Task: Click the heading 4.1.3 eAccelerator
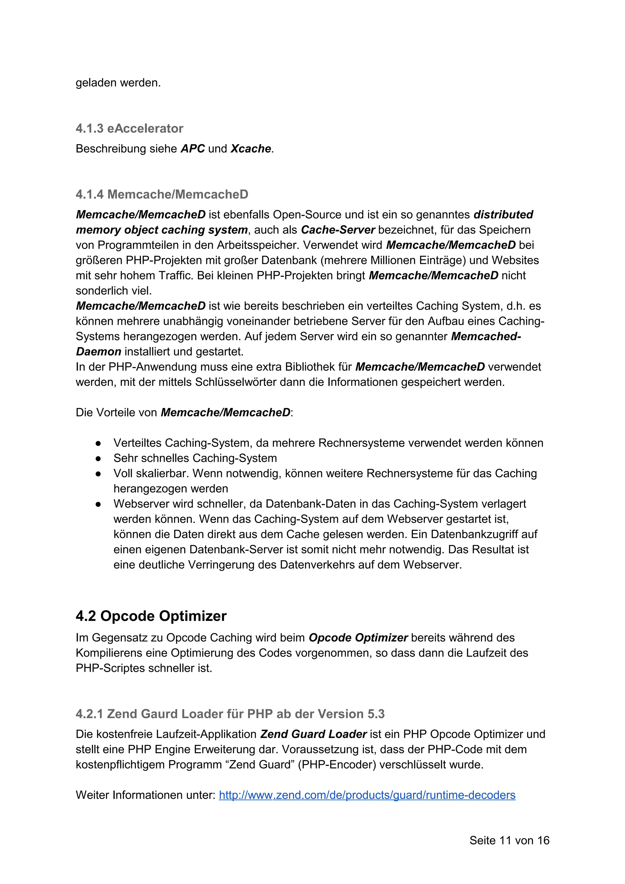click(x=129, y=129)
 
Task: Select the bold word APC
click(x=193, y=149)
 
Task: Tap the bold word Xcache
click(x=251, y=149)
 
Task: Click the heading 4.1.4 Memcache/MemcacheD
click(x=162, y=194)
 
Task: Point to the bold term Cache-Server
click(x=338, y=230)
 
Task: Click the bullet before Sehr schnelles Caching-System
click(x=98, y=458)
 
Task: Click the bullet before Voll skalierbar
click(x=98, y=474)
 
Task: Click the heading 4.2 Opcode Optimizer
click(x=151, y=616)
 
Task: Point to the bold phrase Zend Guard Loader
click(x=313, y=734)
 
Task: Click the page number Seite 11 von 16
click(x=509, y=840)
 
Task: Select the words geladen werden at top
click(x=118, y=83)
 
